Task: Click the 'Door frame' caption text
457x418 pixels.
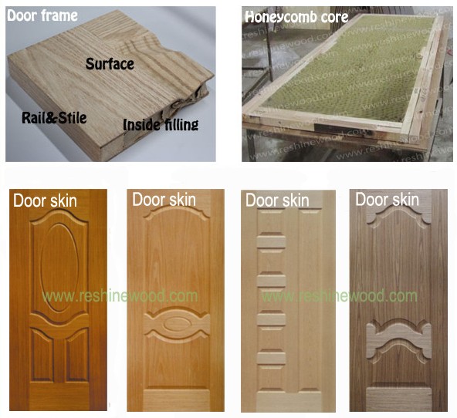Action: (x=42, y=15)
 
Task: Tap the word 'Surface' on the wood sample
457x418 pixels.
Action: (x=110, y=64)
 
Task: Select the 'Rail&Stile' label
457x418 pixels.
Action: (x=54, y=117)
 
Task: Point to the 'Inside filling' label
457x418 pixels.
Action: (x=161, y=125)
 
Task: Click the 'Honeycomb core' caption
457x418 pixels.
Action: (x=296, y=17)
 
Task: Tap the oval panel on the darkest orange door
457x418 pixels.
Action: (x=59, y=268)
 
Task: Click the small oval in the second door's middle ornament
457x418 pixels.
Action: (x=176, y=324)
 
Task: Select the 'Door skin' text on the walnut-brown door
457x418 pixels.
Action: (x=387, y=200)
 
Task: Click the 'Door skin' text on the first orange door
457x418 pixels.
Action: (x=45, y=201)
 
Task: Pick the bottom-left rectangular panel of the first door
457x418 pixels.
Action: (x=42, y=355)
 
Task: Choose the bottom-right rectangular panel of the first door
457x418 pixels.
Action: (x=77, y=355)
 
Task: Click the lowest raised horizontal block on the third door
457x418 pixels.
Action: (x=271, y=358)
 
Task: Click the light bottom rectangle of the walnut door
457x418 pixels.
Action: (x=398, y=399)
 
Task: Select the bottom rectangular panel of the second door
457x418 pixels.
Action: (x=177, y=400)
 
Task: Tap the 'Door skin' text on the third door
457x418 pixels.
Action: (x=277, y=201)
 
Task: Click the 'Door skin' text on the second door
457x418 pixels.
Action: (x=164, y=200)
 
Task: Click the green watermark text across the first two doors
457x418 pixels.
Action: (x=120, y=296)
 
